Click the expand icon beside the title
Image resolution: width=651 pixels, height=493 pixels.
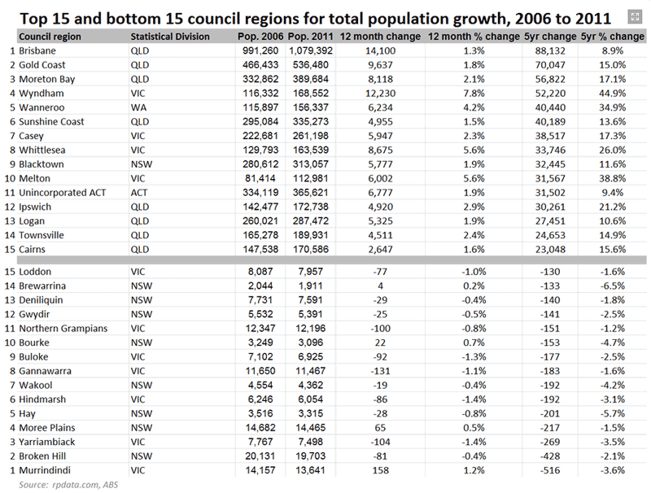[x=635, y=17]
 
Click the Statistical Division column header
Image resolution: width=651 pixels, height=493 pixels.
[x=170, y=37]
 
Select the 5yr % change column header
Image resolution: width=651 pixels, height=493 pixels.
[x=613, y=37]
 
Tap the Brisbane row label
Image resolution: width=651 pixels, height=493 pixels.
[x=37, y=50]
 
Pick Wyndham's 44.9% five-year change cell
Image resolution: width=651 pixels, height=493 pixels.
[x=613, y=94]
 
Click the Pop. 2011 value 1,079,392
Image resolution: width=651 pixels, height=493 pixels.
[x=311, y=50]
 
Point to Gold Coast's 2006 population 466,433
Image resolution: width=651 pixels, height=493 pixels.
[x=260, y=65]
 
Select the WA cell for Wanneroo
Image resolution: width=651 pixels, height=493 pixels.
[x=138, y=107]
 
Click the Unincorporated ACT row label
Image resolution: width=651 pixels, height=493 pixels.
[x=63, y=193]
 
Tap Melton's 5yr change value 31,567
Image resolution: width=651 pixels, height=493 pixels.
[x=550, y=178]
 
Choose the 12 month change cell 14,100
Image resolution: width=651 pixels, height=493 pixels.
[x=380, y=50]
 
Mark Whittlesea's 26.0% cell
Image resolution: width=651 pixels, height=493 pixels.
[x=613, y=150]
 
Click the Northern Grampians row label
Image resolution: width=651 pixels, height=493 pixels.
[x=63, y=328]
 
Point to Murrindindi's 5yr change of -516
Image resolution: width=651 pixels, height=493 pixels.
[x=550, y=470]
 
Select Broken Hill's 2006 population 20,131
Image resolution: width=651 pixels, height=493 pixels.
[x=260, y=456]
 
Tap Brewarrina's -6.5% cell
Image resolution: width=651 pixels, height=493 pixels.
[x=613, y=286]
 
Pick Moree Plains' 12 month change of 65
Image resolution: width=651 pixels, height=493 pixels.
[x=380, y=427]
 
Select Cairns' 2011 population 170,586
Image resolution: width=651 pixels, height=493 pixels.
[x=311, y=250]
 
